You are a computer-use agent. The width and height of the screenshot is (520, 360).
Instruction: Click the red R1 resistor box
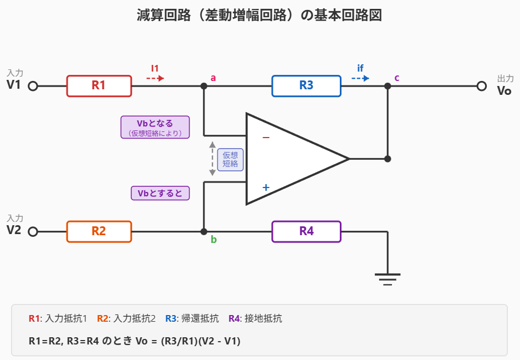click(x=99, y=86)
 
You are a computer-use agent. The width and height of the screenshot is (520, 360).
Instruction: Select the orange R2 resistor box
click(x=99, y=231)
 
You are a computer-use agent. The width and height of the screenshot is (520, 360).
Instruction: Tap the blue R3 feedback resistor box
click(x=306, y=86)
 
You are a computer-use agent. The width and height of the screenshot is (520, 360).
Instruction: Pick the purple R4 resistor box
click(x=306, y=231)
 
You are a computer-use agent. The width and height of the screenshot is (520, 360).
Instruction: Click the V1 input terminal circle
click(x=33, y=87)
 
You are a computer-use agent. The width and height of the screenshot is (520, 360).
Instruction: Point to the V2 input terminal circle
click(x=33, y=232)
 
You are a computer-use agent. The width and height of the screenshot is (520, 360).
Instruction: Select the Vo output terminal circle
click(x=481, y=87)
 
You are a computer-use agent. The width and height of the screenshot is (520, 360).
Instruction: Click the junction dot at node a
click(x=204, y=86)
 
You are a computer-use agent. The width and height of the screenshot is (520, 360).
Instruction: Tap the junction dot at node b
click(x=204, y=231)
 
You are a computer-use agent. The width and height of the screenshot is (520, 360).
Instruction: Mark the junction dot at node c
click(x=388, y=86)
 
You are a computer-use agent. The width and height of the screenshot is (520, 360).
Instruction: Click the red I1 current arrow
click(x=155, y=78)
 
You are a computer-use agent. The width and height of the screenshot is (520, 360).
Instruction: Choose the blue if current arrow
click(x=360, y=78)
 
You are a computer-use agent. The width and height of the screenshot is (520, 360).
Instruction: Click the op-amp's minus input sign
click(x=266, y=137)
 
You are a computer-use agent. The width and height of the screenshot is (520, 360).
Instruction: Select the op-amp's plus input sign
click(x=266, y=187)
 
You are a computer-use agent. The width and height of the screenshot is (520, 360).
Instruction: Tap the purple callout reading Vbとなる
click(x=155, y=127)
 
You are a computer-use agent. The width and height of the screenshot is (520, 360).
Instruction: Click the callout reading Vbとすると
click(x=160, y=193)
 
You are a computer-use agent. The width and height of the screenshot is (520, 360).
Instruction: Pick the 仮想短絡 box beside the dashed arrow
click(x=230, y=159)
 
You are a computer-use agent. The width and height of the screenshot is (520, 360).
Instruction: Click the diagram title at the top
click(x=259, y=15)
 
